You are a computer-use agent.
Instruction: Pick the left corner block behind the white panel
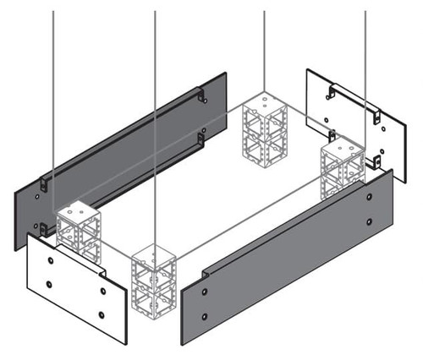[78, 229]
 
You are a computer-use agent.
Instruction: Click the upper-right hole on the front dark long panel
[370, 197]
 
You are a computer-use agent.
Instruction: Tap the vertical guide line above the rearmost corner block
[265, 51]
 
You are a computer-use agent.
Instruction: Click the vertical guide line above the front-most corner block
[155, 127]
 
